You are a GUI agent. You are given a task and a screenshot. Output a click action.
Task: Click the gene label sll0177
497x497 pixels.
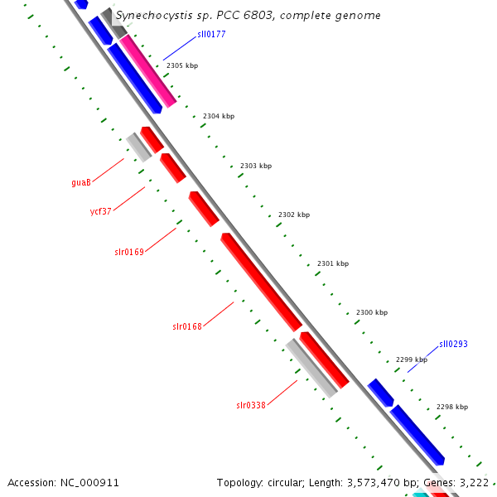tap(211, 35)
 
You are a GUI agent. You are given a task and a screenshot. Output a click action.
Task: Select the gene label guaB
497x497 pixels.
tap(81, 182)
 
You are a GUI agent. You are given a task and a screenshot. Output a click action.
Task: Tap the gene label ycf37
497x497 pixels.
tap(100, 211)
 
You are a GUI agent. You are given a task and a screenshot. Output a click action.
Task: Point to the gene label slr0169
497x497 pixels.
tap(129, 252)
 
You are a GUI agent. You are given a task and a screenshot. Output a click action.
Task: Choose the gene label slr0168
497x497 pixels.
tap(187, 326)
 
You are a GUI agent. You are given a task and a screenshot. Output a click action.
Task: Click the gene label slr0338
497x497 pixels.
tap(251, 405)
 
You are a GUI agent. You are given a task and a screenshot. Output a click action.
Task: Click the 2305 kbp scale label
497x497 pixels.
tap(182, 65)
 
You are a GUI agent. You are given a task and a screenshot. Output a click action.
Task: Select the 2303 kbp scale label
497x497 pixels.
tap(256, 166)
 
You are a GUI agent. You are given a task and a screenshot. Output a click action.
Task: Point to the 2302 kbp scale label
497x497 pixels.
tap(294, 215)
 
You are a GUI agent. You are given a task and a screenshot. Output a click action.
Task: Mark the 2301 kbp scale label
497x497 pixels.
tap(333, 263)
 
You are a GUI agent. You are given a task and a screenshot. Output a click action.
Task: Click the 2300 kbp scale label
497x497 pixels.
tap(372, 312)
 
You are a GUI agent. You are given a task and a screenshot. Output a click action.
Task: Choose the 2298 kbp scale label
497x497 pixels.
tap(452, 407)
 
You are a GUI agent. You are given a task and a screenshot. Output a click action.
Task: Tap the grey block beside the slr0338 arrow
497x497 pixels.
tap(311, 368)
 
